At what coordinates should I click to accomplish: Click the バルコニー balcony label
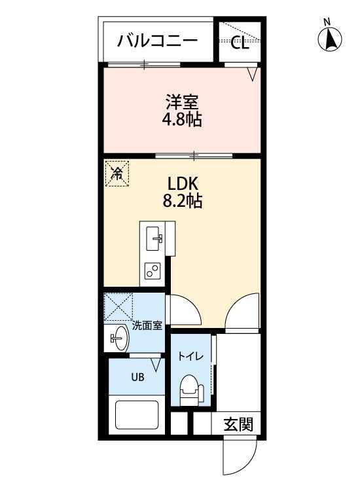(x=158, y=41)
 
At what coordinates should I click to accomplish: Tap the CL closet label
(x=240, y=43)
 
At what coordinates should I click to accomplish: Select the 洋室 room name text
(x=182, y=102)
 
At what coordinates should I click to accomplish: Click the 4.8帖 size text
(x=181, y=119)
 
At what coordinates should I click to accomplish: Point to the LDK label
(x=183, y=184)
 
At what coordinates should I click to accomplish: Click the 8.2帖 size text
(x=182, y=201)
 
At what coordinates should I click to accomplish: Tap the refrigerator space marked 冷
(x=117, y=173)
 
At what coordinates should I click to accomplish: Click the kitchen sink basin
(x=154, y=238)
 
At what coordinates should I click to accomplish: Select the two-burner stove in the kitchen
(x=152, y=270)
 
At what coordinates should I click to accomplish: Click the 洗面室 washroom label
(x=147, y=326)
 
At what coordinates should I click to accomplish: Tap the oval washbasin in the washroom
(x=121, y=338)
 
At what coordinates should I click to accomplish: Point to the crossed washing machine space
(x=118, y=307)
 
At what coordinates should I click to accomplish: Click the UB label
(x=137, y=377)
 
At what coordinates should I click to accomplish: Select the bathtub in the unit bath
(x=137, y=415)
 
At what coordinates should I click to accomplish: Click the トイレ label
(x=191, y=356)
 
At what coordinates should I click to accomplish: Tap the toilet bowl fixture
(x=190, y=387)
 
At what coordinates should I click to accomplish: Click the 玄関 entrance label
(x=238, y=424)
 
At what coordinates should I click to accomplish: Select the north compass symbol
(x=330, y=39)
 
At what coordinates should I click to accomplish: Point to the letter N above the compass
(x=327, y=22)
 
